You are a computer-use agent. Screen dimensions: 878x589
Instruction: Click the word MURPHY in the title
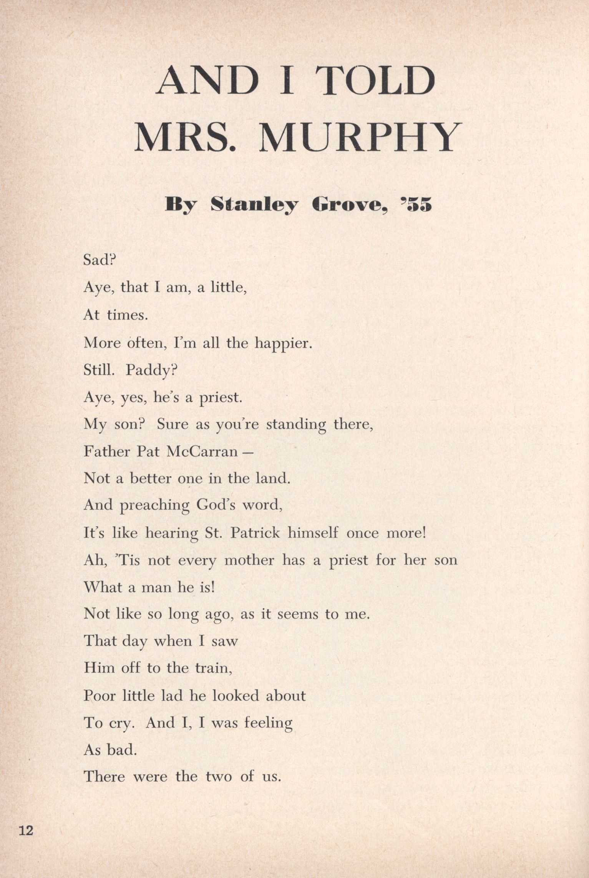(x=360, y=137)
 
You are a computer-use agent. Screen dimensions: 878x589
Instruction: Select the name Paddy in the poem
(x=150, y=371)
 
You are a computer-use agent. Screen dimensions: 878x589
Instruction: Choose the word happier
(x=282, y=343)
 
